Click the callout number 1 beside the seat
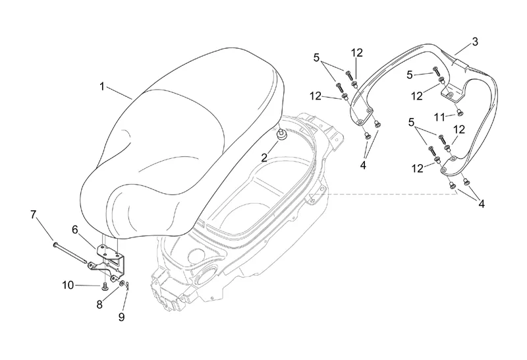pos(103,86)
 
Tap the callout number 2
pos(263,157)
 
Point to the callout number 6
pos(74,229)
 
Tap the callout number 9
pos(121,316)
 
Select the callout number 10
pos(68,285)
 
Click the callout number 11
pos(440,117)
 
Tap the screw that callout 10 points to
pos(105,285)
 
